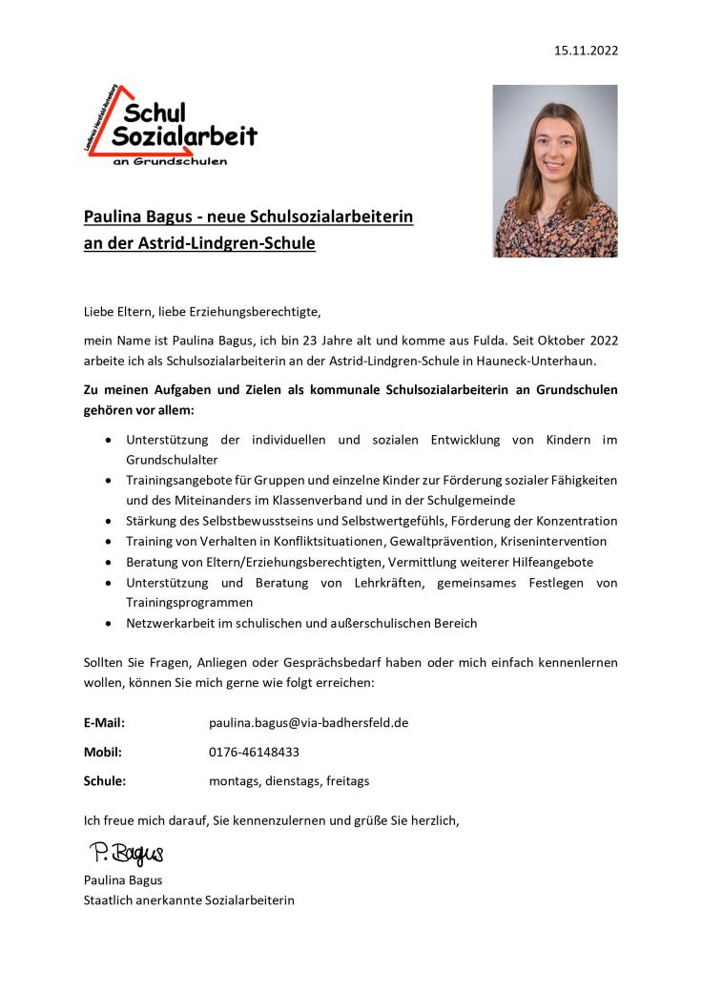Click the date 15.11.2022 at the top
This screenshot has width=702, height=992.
click(586, 51)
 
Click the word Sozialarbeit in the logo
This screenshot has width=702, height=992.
click(184, 136)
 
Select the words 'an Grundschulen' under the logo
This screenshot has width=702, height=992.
click(171, 161)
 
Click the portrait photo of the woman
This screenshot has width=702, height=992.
click(554, 171)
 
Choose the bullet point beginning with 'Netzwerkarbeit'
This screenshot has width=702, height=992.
click(301, 623)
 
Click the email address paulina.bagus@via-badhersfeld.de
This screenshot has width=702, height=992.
click(308, 722)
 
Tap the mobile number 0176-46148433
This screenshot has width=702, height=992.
click(254, 752)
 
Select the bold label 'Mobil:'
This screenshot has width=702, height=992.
click(102, 752)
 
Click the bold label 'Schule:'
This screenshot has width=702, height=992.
click(105, 780)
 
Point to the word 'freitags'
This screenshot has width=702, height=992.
click(347, 780)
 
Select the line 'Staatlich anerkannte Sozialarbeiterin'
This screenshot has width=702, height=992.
click(189, 899)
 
